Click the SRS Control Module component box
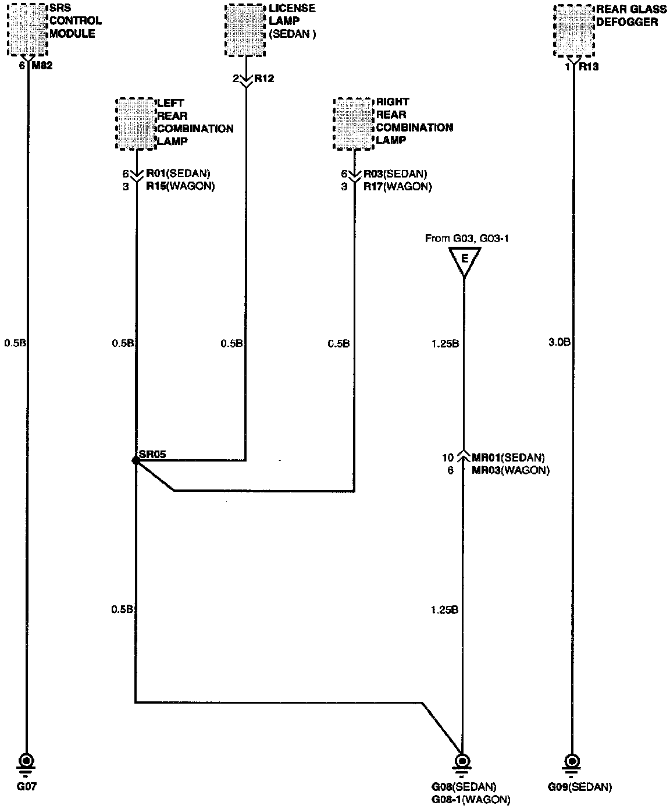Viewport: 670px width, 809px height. [27, 29]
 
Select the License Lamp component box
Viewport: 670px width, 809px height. [245, 31]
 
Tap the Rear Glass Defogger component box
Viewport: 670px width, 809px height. [574, 30]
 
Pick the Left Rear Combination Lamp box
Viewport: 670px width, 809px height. [136, 123]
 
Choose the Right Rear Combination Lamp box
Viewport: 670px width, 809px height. [354, 123]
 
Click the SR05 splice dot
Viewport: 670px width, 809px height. [136, 460]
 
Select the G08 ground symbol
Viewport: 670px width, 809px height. [463, 761]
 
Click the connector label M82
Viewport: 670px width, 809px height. [42, 66]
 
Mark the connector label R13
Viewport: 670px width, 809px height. [588, 67]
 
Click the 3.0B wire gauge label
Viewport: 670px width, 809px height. [560, 343]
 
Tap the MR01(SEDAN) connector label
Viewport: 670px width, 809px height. [508, 457]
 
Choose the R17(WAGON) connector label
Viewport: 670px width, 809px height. [398, 187]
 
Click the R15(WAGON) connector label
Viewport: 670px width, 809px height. [180, 187]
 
